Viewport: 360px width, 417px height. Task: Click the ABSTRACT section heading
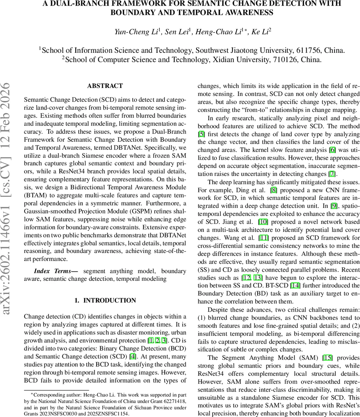[x=105, y=86]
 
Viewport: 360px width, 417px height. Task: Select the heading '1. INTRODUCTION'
[x=105, y=300]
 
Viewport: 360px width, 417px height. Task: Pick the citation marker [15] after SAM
[x=328, y=358]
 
